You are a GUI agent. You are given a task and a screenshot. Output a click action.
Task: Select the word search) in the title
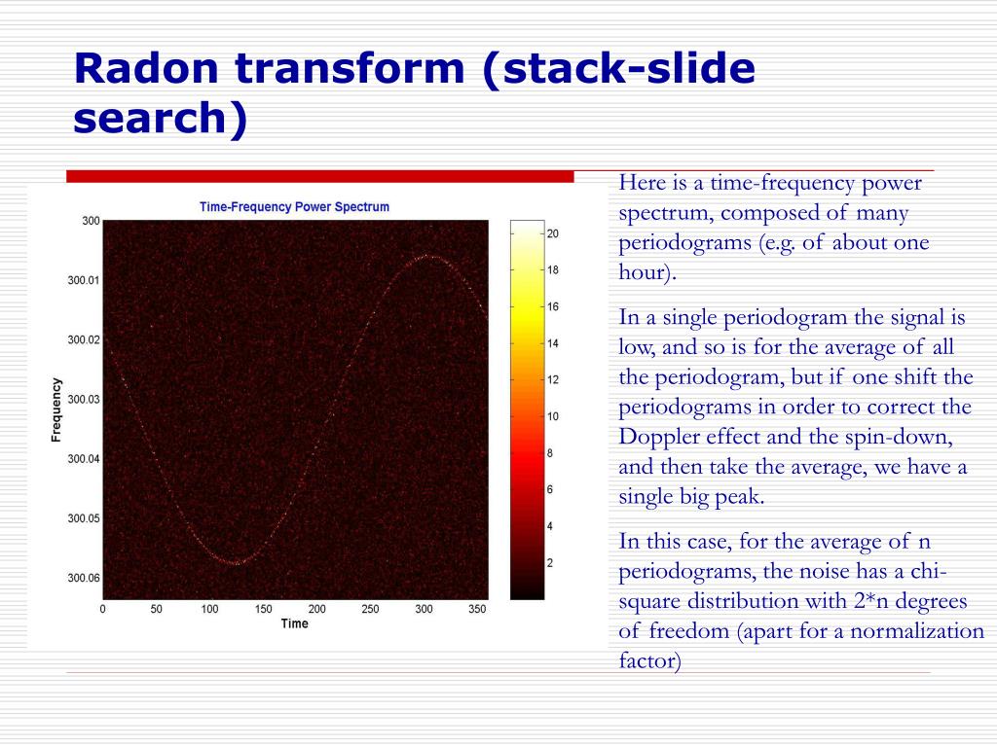tap(161, 118)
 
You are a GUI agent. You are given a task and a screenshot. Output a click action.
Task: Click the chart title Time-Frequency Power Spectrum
tap(294, 206)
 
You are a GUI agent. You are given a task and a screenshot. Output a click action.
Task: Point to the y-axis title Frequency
tap(56, 409)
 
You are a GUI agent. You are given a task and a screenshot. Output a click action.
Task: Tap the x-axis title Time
tap(294, 623)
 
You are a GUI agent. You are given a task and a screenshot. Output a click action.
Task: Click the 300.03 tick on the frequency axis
tap(83, 399)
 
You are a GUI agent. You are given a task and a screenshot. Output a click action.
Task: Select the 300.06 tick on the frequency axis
tap(83, 578)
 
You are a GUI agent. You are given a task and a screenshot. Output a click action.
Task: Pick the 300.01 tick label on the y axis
tap(83, 280)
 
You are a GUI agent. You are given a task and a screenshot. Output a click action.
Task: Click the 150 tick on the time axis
tap(263, 609)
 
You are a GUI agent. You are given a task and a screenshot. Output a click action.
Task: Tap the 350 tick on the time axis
tap(476, 609)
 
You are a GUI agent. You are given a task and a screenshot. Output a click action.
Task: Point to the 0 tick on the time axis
tap(103, 609)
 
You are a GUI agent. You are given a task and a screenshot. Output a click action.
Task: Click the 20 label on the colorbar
tap(552, 233)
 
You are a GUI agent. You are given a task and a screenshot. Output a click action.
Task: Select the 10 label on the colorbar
tap(552, 416)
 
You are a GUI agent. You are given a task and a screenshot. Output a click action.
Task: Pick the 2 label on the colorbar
tap(550, 562)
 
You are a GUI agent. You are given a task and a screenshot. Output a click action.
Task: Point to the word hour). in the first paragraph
tap(647, 272)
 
